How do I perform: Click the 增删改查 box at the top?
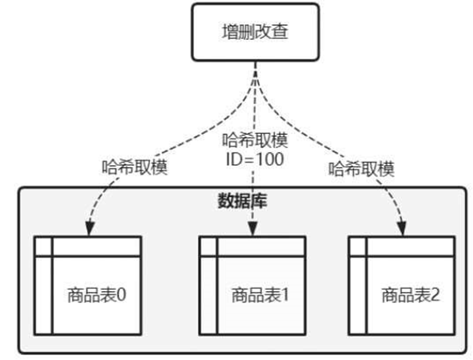[x=255, y=32]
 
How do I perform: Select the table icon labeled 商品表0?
[x=87, y=285]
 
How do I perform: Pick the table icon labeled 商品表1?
[x=252, y=285]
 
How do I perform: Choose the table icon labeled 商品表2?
[x=402, y=285]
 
